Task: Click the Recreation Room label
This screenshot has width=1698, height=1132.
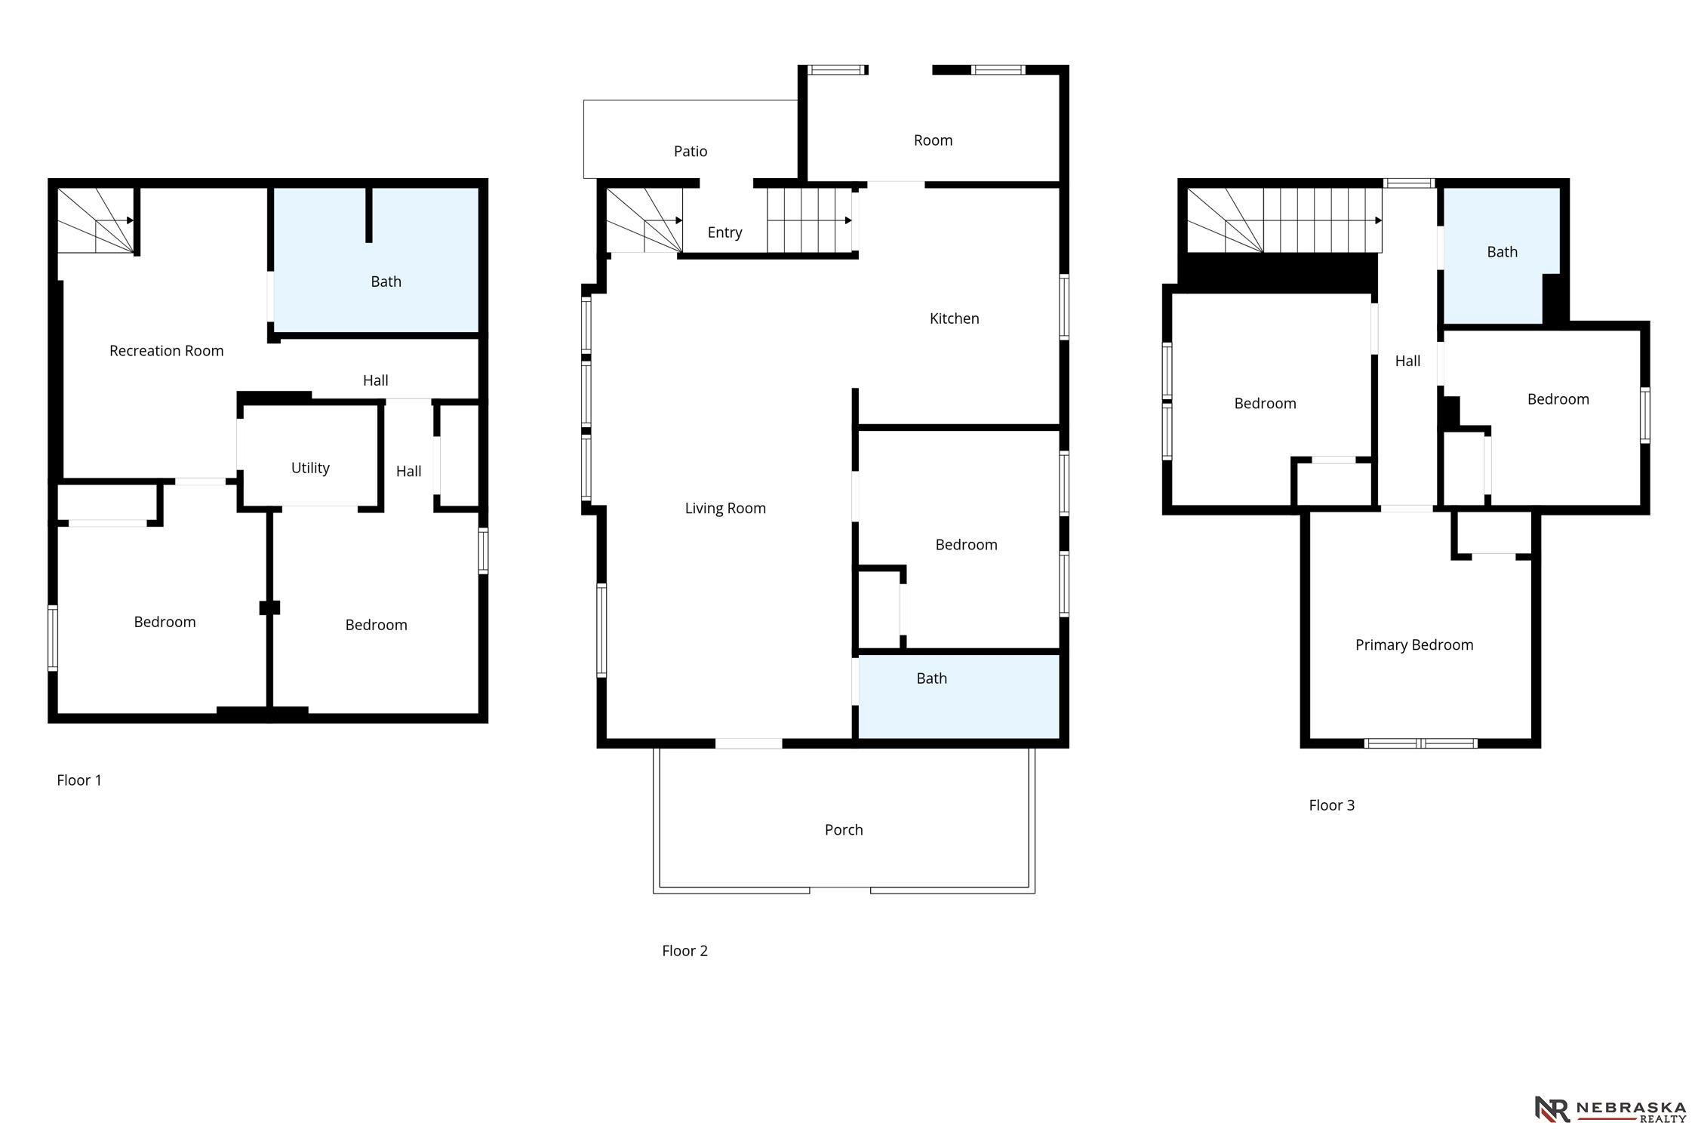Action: (x=166, y=350)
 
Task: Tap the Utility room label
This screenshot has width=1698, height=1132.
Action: (x=310, y=468)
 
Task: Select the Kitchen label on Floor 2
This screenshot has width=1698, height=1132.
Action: (x=954, y=318)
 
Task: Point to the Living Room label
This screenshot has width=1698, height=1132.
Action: (x=725, y=509)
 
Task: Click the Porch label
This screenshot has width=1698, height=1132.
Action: (x=844, y=830)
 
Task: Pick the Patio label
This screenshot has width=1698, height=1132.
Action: (x=691, y=152)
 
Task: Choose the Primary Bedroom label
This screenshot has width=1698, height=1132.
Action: (x=1414, y=645)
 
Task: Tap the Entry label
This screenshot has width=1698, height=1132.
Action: (x=724, y=232)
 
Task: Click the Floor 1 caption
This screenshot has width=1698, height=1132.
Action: (x=79, y=780)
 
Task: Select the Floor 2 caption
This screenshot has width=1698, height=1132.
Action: (x=684, y=951)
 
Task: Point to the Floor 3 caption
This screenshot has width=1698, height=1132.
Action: (x=1331, y=805)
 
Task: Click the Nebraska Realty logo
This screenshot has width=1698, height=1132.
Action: (x=1610, y=1110)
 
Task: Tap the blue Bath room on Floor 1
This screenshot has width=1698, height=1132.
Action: (x=376, y=260)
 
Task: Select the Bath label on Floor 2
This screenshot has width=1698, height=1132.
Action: (x=931, y=678)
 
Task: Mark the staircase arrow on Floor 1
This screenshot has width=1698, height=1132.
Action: (x=130, y=220)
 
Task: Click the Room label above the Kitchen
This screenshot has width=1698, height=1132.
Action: (x=933, y=140)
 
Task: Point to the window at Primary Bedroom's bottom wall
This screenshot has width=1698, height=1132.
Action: (x=1420, y=743)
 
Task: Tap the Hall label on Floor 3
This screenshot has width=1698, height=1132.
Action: (x=1407, y=361)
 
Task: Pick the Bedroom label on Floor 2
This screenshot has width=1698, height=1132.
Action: (x=966, y=545)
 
